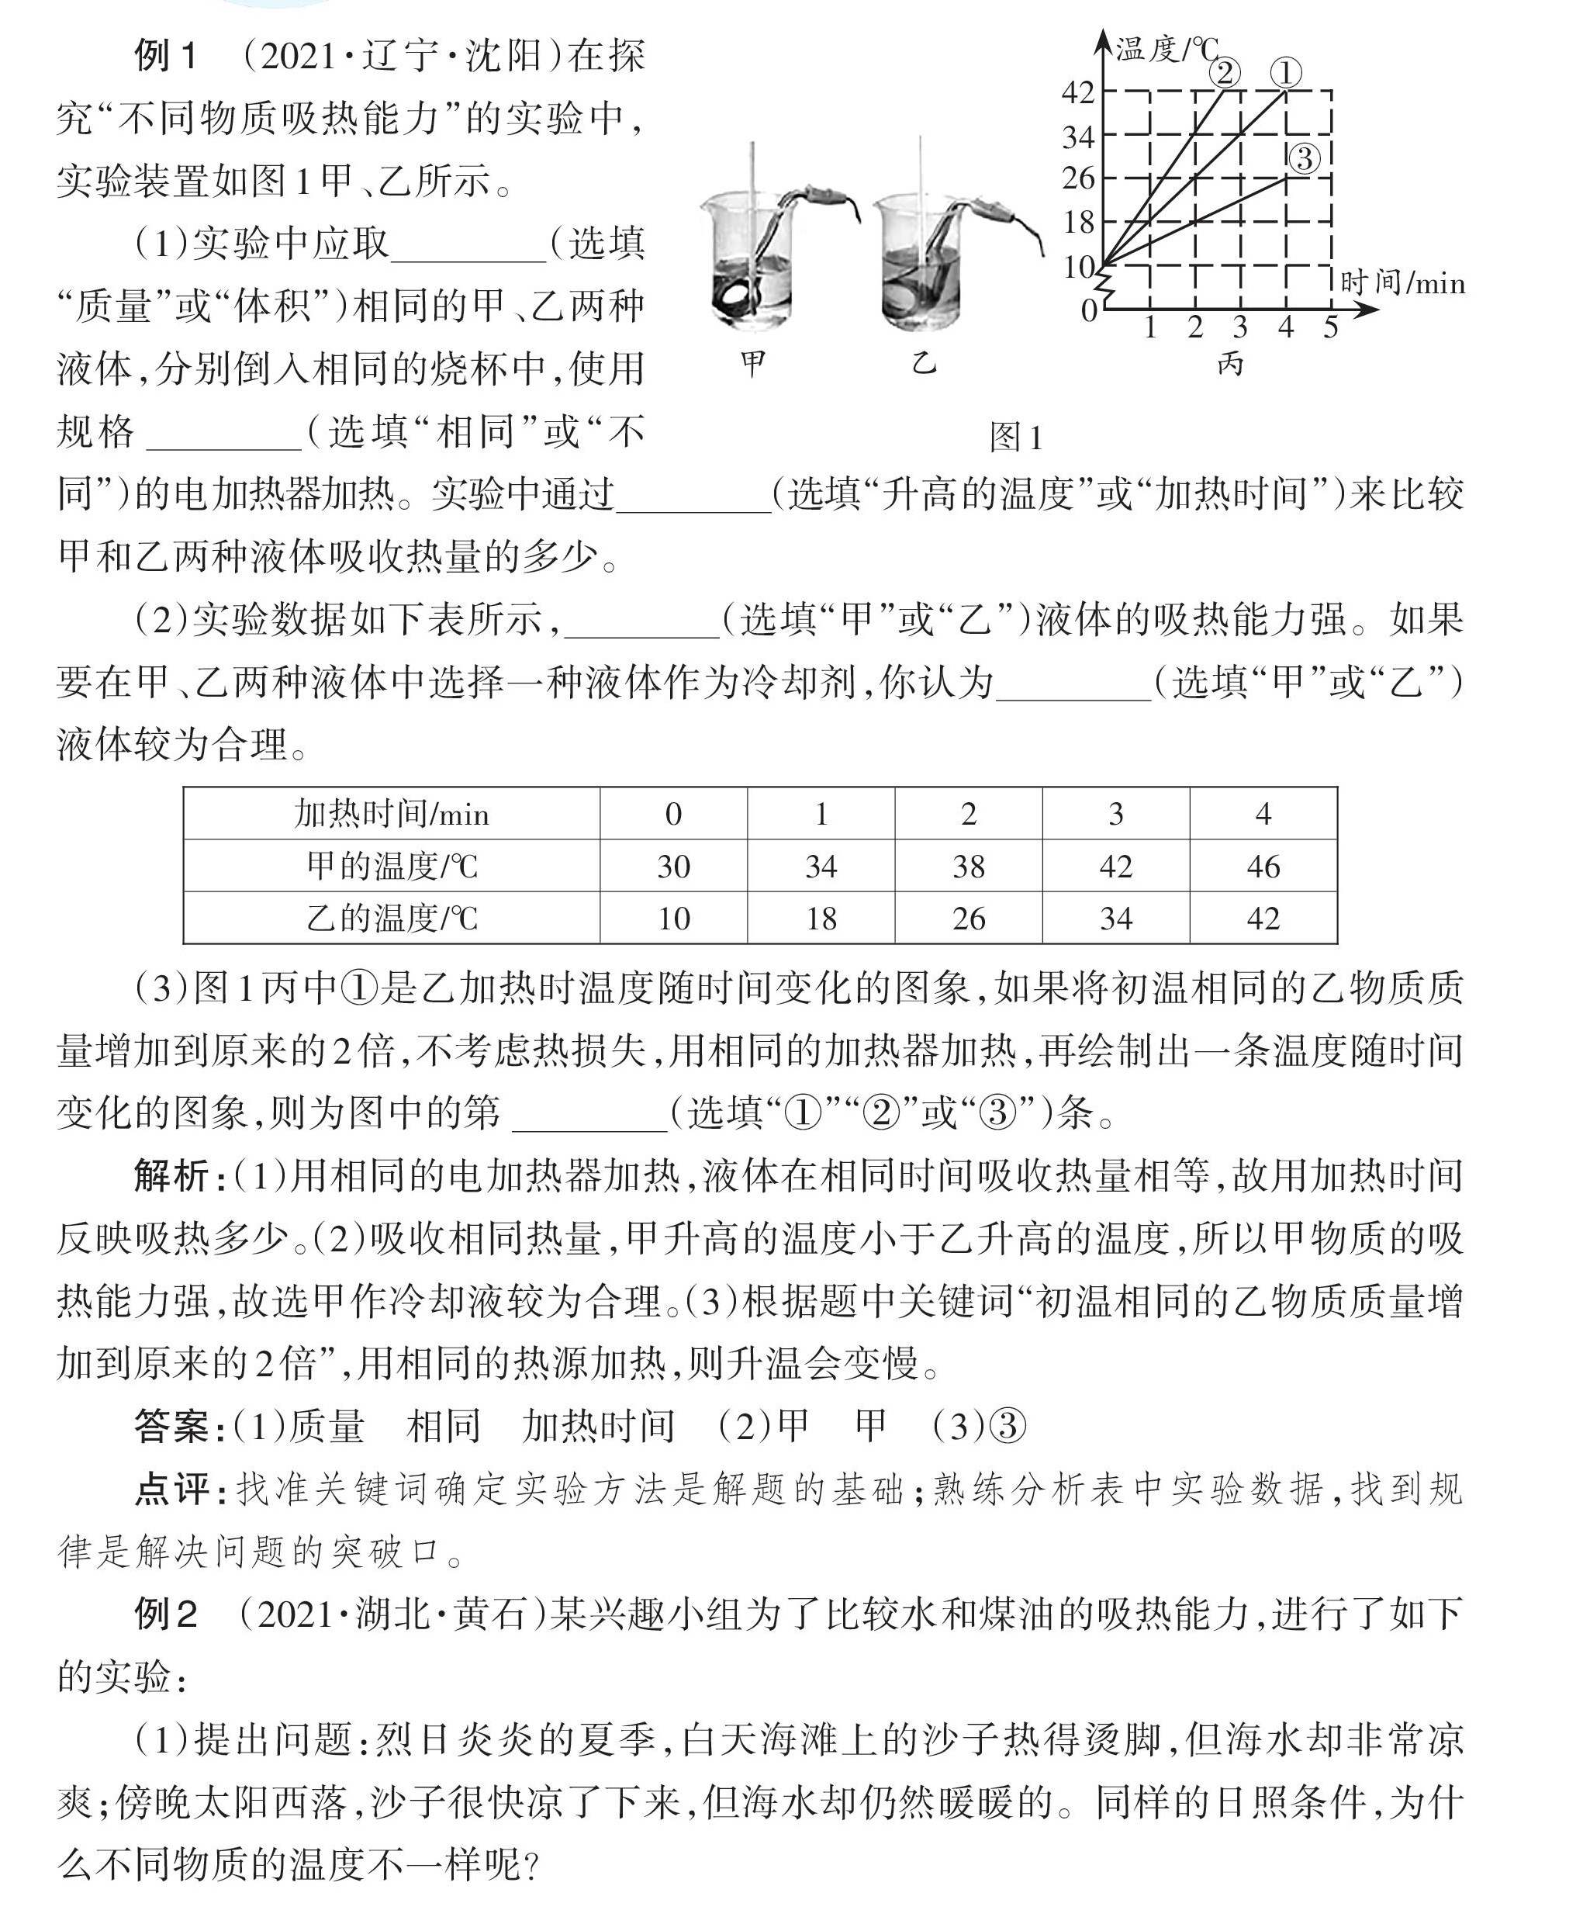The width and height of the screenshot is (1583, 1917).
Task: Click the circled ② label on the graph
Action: (x=1225, y=72)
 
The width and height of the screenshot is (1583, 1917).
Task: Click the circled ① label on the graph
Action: (x=1286, y=73)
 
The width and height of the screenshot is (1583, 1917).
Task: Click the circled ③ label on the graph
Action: (x=1304, y=159)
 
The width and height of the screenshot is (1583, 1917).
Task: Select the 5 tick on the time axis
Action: (x=1330, y=327)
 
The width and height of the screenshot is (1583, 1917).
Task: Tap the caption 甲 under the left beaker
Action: (x=752, y=364)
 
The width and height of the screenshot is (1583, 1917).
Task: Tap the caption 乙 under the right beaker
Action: (x=924, y=364)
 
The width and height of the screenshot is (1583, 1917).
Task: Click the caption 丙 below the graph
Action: (x=1230, y=364)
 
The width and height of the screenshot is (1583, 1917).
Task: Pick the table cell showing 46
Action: (x=1263, y=866)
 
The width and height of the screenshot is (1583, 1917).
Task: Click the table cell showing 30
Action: (x=673, y=866)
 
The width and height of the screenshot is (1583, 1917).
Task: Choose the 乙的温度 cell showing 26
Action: (x=969, y=918)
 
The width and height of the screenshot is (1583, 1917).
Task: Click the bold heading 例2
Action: (x=166, y=1615)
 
